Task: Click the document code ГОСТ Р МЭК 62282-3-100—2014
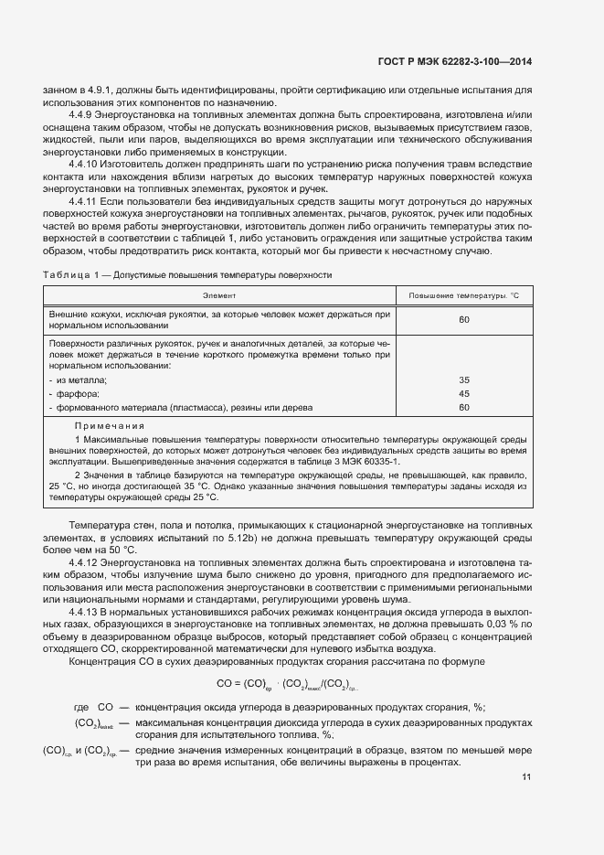coord(453,62)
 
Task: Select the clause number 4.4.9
coord(84,114)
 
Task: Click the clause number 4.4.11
coord(87,199)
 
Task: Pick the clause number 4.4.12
coord(87,562)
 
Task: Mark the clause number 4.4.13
coord(87,610)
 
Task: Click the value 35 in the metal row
coord(463,379)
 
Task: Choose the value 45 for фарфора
coord(463,394)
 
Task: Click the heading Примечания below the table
coord(110,426)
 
